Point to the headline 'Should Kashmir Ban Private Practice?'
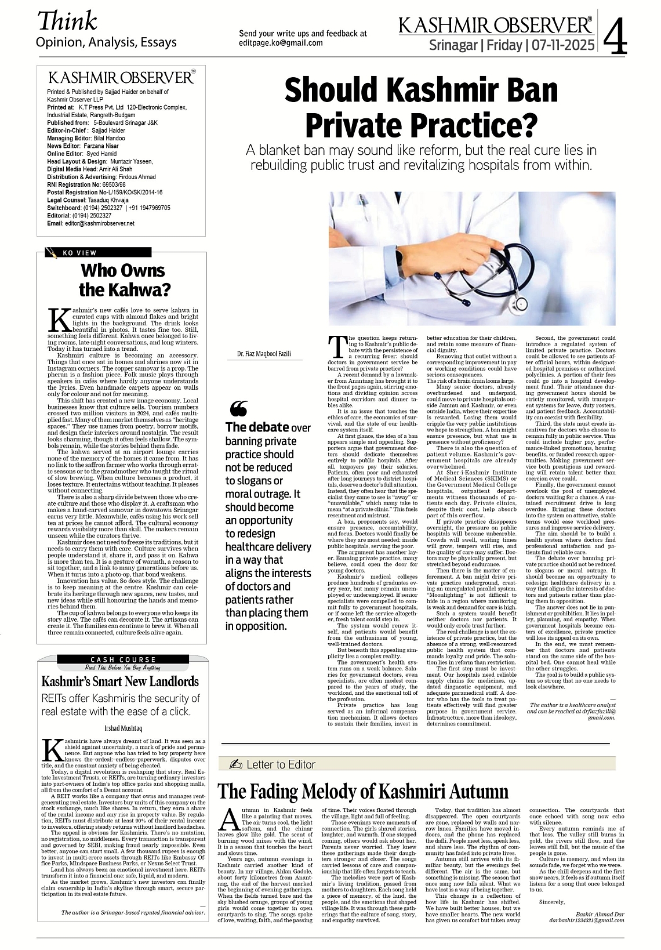[421, 106]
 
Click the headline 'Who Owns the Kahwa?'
[122, 280]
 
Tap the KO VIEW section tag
[79, 253]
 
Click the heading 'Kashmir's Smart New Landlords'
[120, 681]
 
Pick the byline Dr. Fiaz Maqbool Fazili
[264, 353]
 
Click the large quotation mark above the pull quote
[238, 409]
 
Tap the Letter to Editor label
[280, 764]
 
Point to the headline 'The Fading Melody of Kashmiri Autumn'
[362, 791]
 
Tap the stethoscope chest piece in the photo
[520, 303]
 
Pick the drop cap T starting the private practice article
[337, 347]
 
